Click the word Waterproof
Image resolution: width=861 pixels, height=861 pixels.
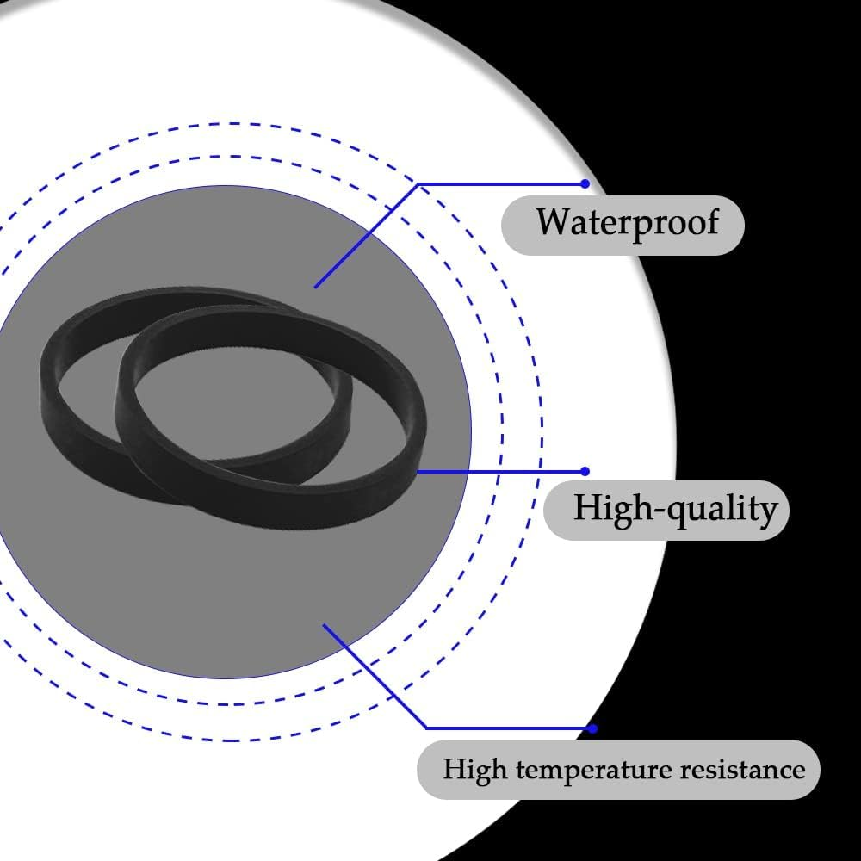pyautogui.click(x=627, y=222)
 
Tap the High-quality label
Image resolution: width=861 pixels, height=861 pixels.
pyautogui.click(x=675, y=508)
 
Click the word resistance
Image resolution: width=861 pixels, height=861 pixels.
pyautogui.click(x=742, y=768)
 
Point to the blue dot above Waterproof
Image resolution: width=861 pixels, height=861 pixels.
pyautogui.click(x=585, y=183)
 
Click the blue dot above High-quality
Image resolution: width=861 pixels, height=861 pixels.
pyautogui.click(x=585, y=471)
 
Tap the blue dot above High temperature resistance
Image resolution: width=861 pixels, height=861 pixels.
pyautogui.click(x=592, y=728)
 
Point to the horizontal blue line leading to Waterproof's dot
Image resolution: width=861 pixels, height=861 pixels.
pyautogui.click(x=499, y=183)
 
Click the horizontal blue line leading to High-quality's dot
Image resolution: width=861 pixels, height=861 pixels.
pyautogui.click(x=499, y=471)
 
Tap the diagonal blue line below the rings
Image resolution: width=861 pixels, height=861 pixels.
pyautogui.click(x=375, y=676)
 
